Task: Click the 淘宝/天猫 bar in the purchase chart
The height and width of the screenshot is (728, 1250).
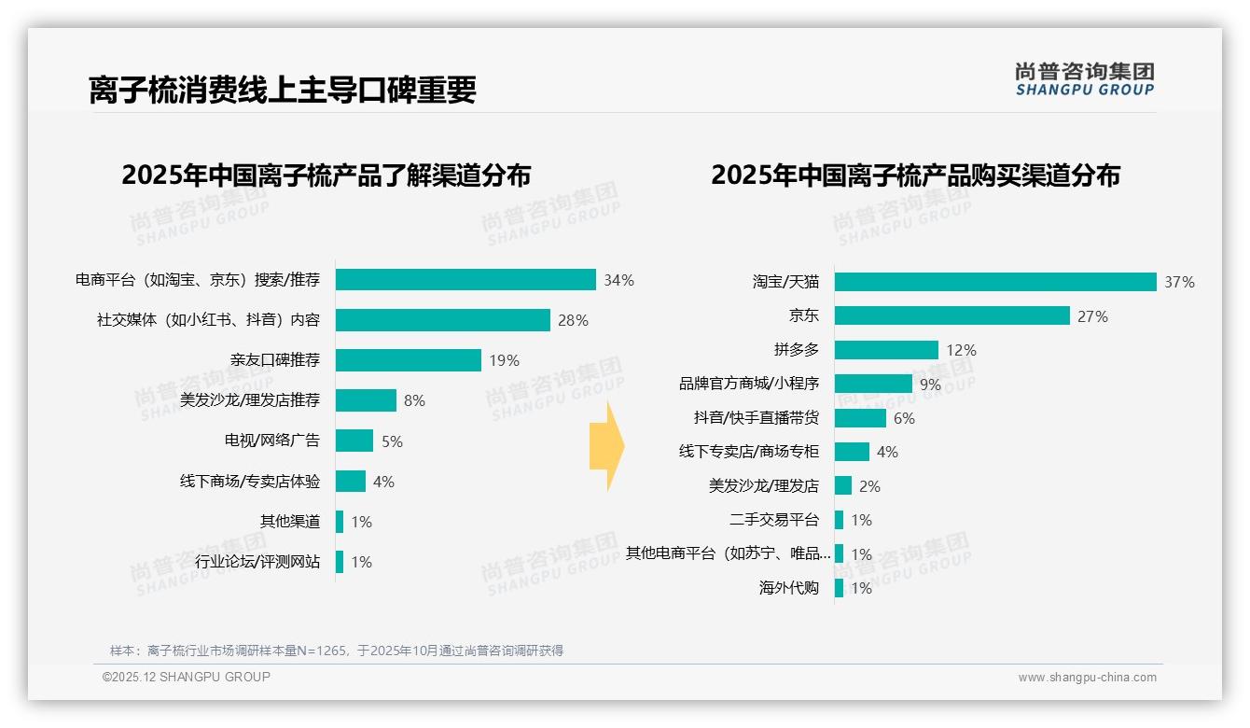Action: click(x=994, y=282)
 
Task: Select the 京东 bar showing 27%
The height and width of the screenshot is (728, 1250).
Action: click(x=951, y=316)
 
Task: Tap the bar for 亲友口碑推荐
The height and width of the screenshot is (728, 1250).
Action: click(x=408, y=360)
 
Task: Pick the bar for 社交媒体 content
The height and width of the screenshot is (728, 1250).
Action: click(x=442, y=320)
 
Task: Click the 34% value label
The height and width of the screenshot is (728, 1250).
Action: click(x=618, y=280)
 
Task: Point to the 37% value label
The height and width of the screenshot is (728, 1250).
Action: click(x=1179, y=282)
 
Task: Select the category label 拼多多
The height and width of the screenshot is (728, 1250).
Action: click(x=796, y=350)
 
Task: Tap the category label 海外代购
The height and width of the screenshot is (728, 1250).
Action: click(x=789, y=588)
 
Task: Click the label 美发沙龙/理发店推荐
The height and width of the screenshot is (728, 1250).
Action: click(x=249, y=400)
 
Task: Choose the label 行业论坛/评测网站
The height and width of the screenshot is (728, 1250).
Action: click(x=257, y=562)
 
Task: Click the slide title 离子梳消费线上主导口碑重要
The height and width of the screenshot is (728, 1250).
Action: click(x=283, y=90)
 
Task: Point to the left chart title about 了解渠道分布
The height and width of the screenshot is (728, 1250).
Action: click(x=326, y=175)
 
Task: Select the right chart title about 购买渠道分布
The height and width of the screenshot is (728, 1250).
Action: click(x=915, y=175)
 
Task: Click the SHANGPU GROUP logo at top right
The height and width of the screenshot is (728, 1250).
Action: click(x=1084, y=79)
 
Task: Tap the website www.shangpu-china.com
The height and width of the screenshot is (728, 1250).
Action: click(x=1087, y=678)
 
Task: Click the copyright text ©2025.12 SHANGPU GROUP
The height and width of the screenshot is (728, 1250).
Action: click(x=186, y=677)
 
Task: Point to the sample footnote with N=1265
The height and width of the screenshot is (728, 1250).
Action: click(x=337, y=651)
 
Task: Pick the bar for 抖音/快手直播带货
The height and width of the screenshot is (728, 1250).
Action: click(x=860, y=418)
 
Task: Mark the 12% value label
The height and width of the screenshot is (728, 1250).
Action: click(x=961, y=350)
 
